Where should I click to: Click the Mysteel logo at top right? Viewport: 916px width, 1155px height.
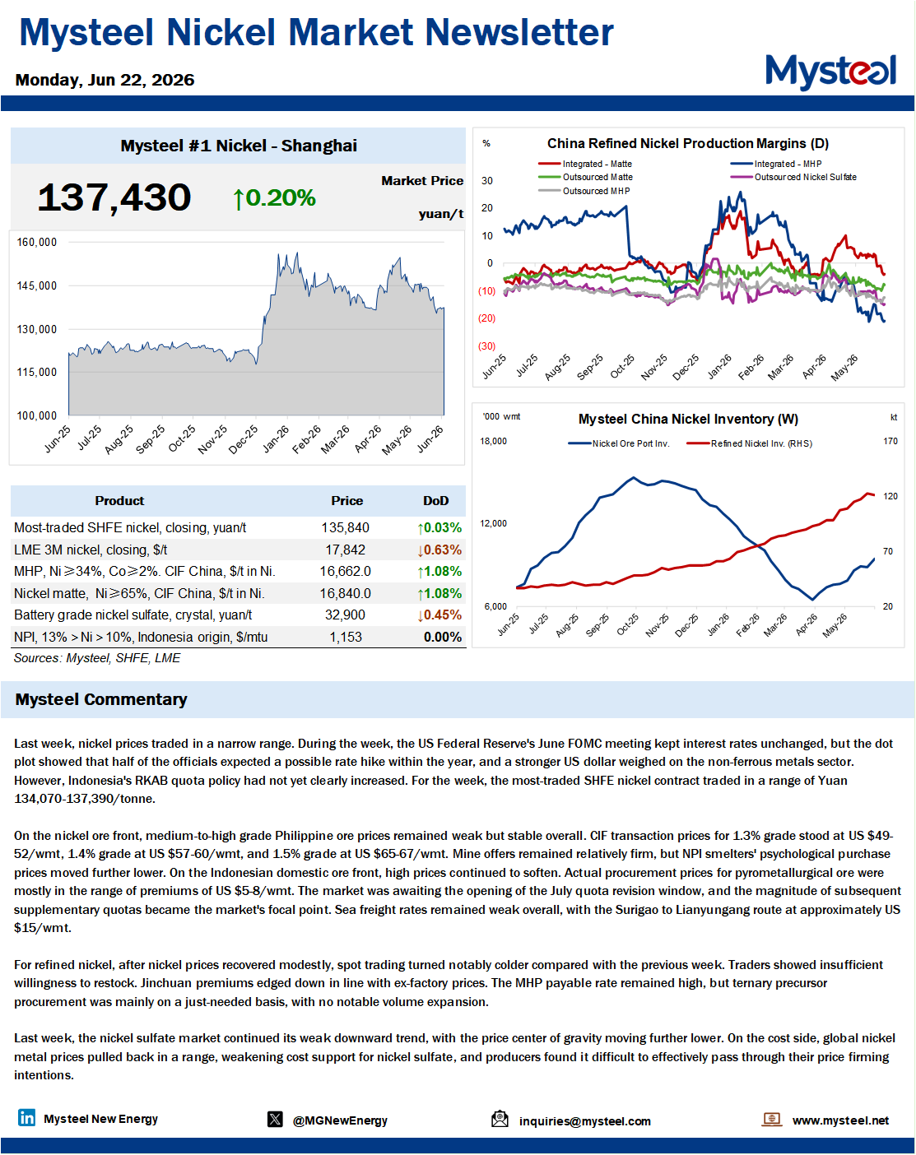pos(830,72)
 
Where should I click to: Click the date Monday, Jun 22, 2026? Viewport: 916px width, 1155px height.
pos(105,80)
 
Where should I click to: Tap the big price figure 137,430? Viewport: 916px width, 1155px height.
pos(114,197)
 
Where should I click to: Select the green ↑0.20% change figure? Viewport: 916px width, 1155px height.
pos(274,198)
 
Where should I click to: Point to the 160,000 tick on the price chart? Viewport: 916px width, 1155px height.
pos(36,242)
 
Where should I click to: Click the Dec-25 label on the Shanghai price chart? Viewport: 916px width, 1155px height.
pos(244,439)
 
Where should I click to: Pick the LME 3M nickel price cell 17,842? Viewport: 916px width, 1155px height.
pos(345,550)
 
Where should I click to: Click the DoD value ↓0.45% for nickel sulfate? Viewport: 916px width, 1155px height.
pos(439,615)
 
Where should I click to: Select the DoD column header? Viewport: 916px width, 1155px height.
pos(435,501)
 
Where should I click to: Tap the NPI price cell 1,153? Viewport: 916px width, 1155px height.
pos(345,637)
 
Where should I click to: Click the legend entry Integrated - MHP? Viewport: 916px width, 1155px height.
pos(776,164)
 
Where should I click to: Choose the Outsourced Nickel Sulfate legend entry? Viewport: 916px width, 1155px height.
pos(793,177)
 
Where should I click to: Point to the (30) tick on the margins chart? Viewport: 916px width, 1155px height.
pos(486,346)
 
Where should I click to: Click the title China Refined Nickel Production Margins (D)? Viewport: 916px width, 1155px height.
pos(688,143)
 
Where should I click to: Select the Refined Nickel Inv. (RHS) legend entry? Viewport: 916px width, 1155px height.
pos(750,443)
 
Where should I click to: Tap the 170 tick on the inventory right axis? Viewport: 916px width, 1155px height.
pos(890,441)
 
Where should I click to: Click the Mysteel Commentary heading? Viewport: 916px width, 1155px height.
pos(101,699)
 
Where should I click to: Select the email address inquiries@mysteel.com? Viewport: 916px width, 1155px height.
pos(584,1121)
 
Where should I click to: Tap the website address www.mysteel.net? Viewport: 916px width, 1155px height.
pos(840,1120)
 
